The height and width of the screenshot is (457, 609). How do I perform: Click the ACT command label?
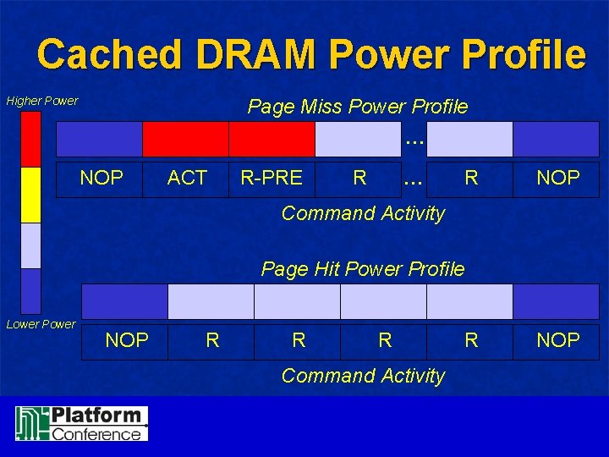[187, 178]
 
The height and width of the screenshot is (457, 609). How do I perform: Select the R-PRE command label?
[272, 178]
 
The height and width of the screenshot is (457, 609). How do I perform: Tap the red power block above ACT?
[185, 140]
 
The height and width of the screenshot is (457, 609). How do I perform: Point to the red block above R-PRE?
[272, 140]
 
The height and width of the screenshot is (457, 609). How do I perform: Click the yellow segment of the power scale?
[31, 195]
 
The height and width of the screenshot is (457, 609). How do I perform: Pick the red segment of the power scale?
[31, 139]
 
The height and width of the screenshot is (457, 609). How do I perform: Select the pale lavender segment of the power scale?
[31, 245]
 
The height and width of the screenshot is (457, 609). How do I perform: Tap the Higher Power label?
[42, 101]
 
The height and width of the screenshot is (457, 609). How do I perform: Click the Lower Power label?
[41, 324]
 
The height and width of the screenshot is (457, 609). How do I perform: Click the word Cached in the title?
[107, 54]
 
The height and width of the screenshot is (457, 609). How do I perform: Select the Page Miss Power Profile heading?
[357, 107]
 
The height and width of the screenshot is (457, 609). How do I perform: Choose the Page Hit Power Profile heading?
[363, 269]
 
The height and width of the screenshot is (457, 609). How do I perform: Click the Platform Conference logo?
[82, 423]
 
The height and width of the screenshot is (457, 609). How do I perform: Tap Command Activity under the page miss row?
[363, 213]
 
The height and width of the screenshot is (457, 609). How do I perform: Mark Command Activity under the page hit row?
[363, 376]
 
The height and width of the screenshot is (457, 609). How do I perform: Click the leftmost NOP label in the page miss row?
[101, 178]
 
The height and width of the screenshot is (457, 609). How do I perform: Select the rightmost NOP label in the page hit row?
[558, 340]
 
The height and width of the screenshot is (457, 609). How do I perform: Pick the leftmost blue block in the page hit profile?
[124, 301]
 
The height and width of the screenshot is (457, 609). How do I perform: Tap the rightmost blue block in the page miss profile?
[557, 140]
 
